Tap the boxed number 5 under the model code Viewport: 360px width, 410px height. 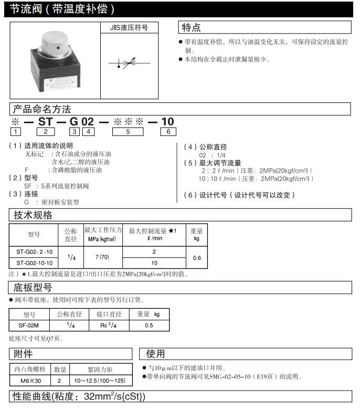[129, 132]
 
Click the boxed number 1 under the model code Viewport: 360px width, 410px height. [17, 132]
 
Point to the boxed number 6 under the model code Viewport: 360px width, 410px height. [168, 132]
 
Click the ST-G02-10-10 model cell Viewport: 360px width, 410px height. [34, 263]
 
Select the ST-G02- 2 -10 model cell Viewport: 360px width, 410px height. [34, 251]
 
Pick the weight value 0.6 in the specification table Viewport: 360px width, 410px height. [197, 257]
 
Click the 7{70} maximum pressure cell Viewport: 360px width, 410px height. [103, 257]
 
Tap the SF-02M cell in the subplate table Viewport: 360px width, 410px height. [29, 325]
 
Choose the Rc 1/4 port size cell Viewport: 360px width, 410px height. [109, 325]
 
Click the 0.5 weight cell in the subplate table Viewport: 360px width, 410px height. [149, 325]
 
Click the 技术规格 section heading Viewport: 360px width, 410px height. [33, 215]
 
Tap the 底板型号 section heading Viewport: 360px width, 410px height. [33, 287]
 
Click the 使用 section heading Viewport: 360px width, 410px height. [156, 354]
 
